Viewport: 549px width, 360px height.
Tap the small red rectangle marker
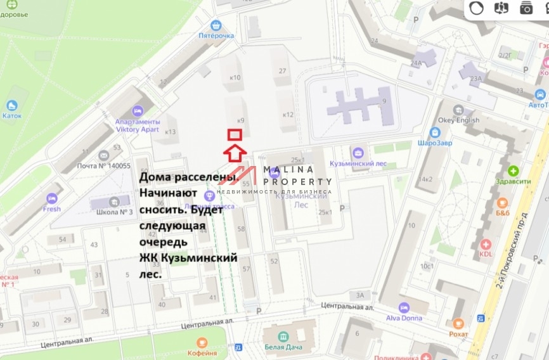point(235,134)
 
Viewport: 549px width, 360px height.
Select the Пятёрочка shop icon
point(216,25)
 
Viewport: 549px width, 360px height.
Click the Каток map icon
point(11,106)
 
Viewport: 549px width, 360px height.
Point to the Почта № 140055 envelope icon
point(104,156)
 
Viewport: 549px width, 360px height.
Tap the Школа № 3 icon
point(114,202)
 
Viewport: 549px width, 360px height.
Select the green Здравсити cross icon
point(513,170)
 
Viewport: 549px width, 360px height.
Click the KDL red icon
point(486,245)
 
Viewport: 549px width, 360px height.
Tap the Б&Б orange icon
point(502,203)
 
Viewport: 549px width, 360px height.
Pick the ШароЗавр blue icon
point(435,132)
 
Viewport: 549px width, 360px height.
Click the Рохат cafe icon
point(458,323)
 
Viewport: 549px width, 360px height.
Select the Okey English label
point(458,120)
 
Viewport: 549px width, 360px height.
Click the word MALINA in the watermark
point(288,169)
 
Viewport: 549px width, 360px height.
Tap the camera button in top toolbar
point(526,8)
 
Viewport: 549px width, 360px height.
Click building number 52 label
point(274,261)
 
